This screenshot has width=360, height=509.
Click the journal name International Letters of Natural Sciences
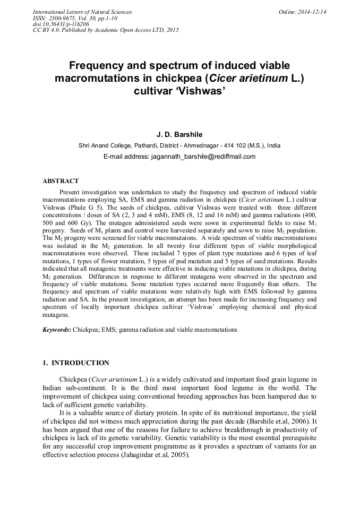pos(82,12)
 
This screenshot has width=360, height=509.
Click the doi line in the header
pos(61,24)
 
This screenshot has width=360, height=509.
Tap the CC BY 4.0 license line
pos(106,30)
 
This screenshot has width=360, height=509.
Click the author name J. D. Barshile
pos(179,135)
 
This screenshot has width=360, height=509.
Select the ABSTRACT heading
pos(61,181)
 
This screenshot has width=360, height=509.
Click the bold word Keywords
pos(56,330)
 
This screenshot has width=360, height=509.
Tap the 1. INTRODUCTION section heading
pos(75,363)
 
